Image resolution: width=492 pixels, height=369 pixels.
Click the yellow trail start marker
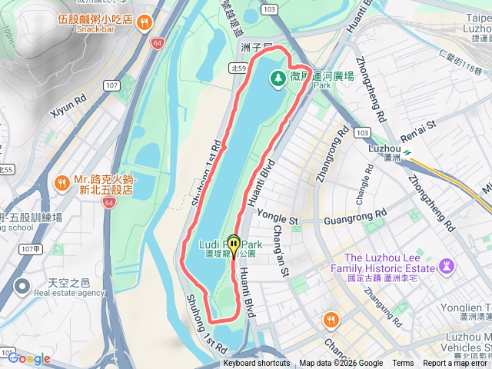pyautogui.click(x=233, y=244)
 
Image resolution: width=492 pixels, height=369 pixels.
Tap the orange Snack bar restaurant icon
pyautogui.click(x=143, y=24)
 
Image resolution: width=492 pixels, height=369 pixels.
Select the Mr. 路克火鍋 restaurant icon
pyautogui.click(x=61, y=183)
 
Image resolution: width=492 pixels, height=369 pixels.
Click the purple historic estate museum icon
pyautogui.click(x=447, y=267)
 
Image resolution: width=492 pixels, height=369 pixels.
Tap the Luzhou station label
pyautogui.click(x=384, y=148)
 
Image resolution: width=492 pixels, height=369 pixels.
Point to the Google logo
pyautogui.click(x=28, y=358)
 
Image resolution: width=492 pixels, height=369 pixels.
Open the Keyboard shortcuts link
pyautogui.click(x=257, y=364)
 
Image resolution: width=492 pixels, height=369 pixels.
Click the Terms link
pyautogui.click(x=403, y=364)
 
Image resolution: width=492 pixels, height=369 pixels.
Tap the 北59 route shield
pyautogui.click(x=238, y=68)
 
